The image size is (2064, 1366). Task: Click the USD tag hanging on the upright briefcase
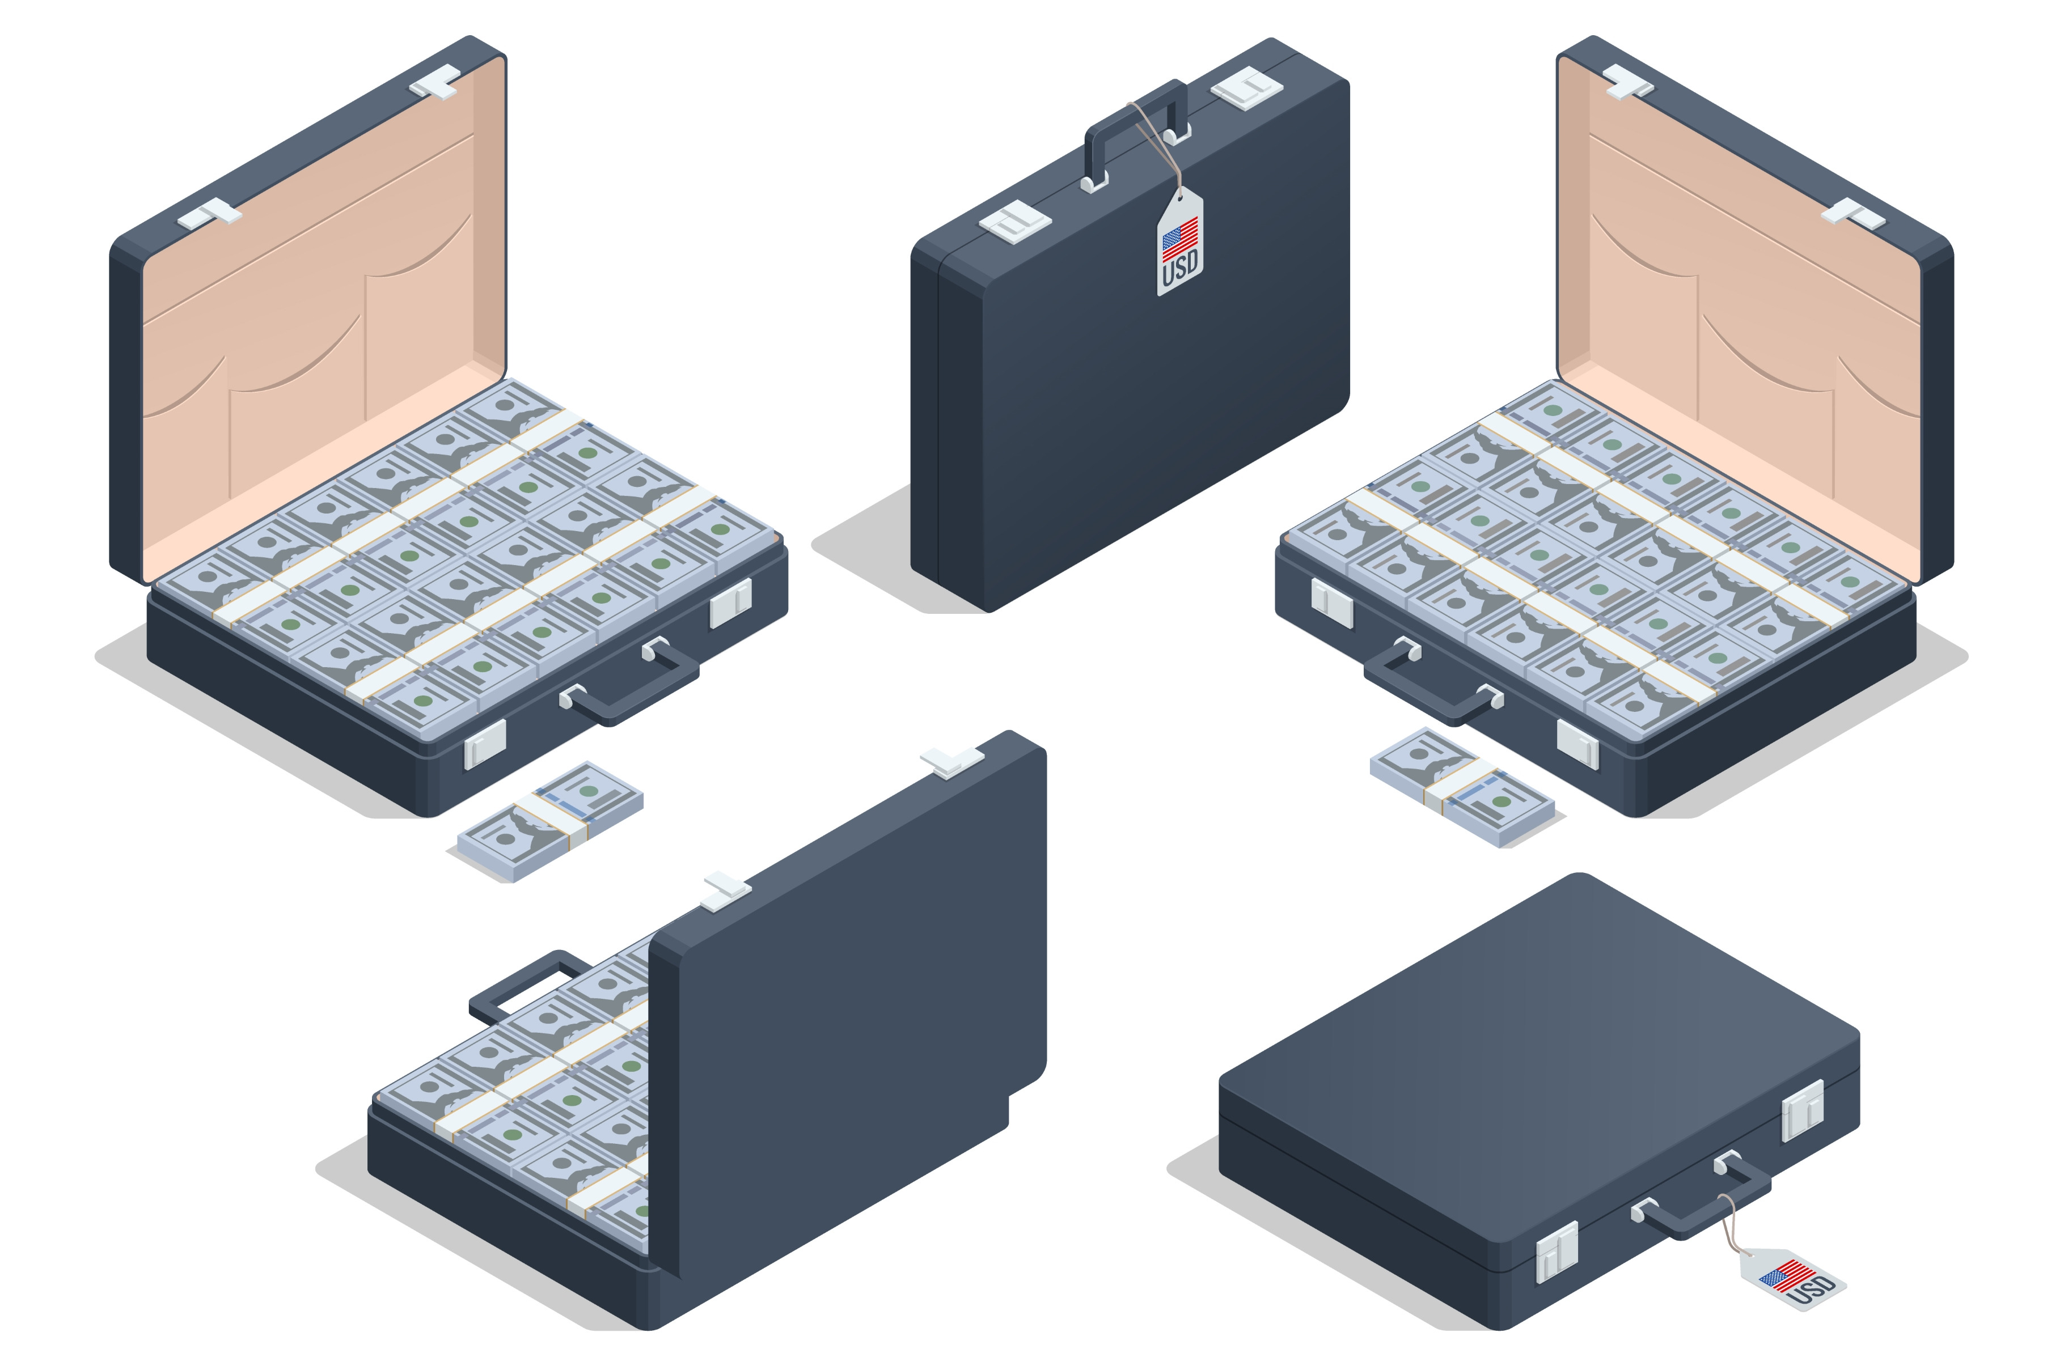(1181, 244)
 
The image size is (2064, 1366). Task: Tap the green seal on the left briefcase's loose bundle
(589, 791)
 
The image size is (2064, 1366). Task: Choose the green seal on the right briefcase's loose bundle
(1501, 801)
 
